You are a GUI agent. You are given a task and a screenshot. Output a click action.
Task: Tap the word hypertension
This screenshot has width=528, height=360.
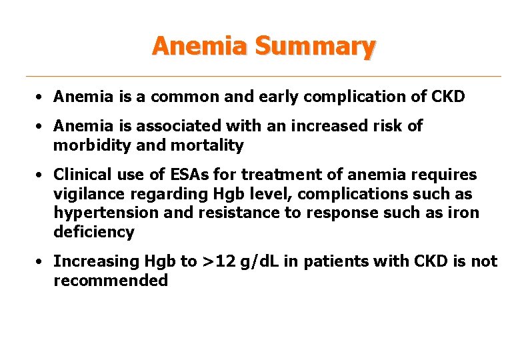[97, 213]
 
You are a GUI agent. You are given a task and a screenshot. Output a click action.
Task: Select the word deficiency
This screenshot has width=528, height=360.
[94, 233]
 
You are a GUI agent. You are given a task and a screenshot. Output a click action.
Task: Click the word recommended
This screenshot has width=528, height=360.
[111, 281]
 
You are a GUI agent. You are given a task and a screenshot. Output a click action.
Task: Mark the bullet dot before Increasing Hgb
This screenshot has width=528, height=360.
[41, 262]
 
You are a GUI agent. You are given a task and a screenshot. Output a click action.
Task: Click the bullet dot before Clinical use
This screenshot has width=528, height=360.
[41, 175]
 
